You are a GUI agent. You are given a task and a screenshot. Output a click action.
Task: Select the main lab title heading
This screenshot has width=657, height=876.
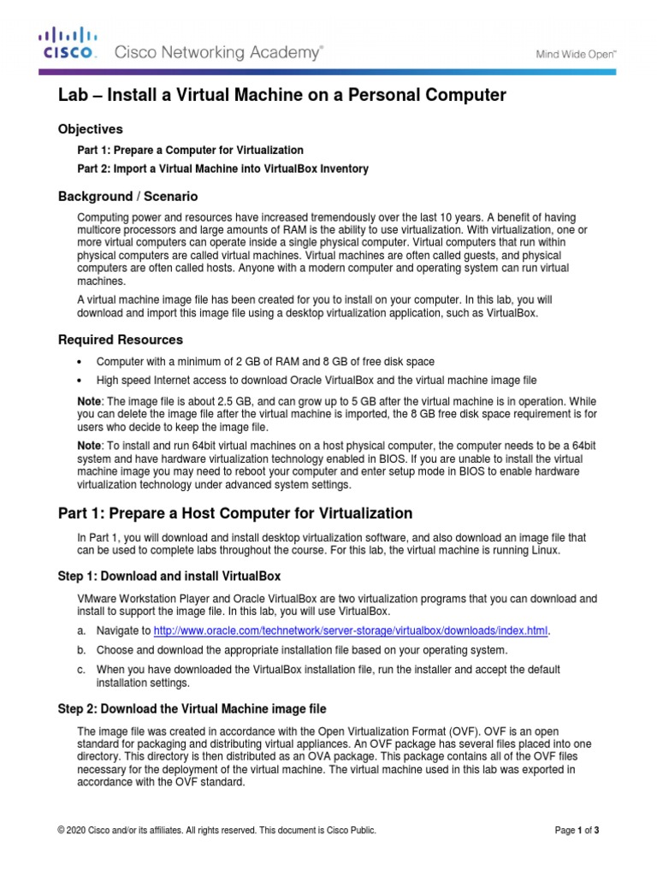[x=281, y=96]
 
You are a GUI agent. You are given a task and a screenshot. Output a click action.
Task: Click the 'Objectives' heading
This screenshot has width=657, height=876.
[x=90, y=129]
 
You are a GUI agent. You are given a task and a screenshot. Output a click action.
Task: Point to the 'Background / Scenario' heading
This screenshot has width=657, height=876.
[x=127, y=197]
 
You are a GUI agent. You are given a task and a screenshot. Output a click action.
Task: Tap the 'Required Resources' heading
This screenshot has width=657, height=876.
[x=120, y=340]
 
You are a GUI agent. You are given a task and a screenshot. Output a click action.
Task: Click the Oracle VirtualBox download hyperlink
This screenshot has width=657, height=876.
[x=350, y=631]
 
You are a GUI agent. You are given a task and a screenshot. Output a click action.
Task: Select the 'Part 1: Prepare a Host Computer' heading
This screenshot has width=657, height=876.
[x=235, y=513]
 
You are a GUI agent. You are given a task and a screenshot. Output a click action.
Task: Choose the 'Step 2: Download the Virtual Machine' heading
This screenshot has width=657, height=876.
[x=192, y=709]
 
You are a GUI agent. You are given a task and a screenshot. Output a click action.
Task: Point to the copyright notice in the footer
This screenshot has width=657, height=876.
[x=216, y=830]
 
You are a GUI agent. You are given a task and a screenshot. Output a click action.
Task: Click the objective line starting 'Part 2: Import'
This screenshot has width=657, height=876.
[x=223, y=169]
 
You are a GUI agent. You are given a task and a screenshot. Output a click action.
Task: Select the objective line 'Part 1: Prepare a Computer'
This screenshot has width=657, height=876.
[x=190, y=150]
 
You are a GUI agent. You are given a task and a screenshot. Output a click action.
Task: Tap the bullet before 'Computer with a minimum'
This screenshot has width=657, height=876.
[x=80, y=362]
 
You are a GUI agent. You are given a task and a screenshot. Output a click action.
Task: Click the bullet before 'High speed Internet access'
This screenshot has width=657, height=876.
[x=80, y=380]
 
